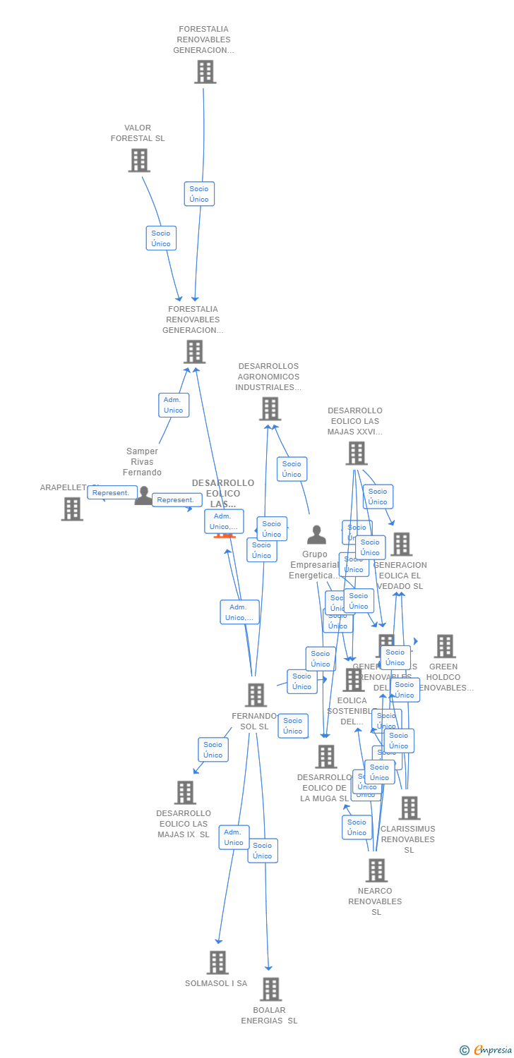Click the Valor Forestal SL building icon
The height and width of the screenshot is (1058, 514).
tap(139, 160)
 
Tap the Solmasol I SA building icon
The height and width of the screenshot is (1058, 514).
tap(217, 962)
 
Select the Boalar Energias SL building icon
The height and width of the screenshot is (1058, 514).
tap(270, 989)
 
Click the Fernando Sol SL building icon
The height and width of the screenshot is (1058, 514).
tap(256, 695)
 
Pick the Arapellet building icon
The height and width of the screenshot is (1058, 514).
tap(72, 509)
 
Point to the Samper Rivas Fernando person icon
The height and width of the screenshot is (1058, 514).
tap(143, 496)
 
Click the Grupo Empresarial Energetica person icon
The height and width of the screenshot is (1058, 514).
tap(317, 535)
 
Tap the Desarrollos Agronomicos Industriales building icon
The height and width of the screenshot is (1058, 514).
tap(270, 408)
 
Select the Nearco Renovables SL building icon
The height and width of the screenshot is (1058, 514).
tap(376, 870)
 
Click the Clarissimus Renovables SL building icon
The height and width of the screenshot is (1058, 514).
tap(409, 808)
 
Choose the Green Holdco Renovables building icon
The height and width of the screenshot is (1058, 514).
tap(445, 646)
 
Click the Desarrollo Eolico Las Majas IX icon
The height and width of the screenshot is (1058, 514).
tap(185, 792)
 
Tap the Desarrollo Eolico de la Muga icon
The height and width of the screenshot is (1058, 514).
tap(325, 756)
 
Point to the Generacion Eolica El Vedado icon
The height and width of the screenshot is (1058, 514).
tap(402, 544)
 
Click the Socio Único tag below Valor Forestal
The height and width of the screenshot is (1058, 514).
tap(161, 238)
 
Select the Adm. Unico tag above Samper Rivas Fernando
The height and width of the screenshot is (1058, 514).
tap(173, 405)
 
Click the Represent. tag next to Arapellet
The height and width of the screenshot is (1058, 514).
tap(112, 492)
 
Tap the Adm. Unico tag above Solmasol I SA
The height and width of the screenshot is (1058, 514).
tap(234, 837)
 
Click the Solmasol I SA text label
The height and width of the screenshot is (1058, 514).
tap(216, 983)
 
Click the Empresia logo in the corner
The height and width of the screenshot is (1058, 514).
tap(487, 1050)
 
